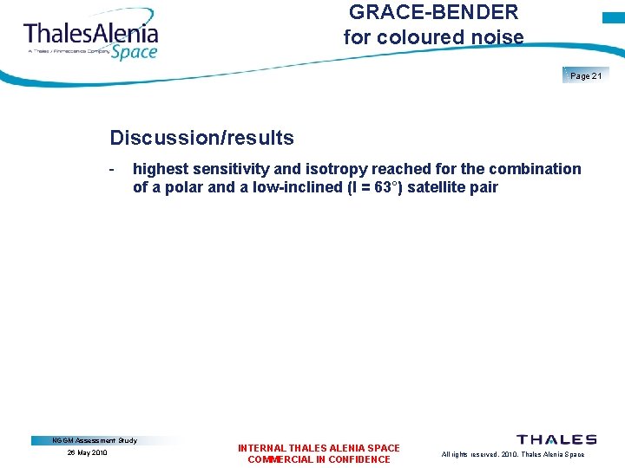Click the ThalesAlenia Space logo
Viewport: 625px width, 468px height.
click(90, 38)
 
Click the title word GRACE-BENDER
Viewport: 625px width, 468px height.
click(433, 12)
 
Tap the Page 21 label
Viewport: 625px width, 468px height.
click(586, 76)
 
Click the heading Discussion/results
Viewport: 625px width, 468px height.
click(201, 138)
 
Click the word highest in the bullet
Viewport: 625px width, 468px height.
click(161, 169)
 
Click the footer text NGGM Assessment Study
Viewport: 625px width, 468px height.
click(95, 440)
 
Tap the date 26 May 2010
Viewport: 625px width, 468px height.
click(88, 453)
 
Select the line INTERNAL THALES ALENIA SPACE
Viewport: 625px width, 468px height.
click(319, 448)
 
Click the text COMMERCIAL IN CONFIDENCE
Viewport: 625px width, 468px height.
click(319, 459)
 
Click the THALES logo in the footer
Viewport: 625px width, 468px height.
click(556, 440)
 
